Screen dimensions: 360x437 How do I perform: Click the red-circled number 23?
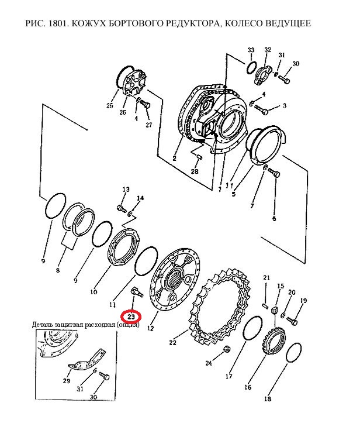coord(131,317)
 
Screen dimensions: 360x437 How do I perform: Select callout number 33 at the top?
coord(251,50)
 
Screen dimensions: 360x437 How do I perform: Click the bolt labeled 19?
coord(292,321)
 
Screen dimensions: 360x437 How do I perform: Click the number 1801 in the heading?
coord(57,23)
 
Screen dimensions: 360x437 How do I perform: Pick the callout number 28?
coord(195,171)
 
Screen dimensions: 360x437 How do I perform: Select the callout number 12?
coord(150,328)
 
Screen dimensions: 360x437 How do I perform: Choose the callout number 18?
coord(267,399)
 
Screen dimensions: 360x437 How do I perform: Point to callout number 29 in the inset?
coord(66,380)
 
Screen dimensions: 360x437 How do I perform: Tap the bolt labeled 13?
coord(121,208)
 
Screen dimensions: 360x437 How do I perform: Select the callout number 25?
coord(110,105)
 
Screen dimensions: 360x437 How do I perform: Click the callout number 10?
coord(94,292)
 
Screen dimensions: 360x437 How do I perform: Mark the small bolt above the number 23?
coord(136,293)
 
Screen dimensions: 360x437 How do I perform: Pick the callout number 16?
coord(248,387)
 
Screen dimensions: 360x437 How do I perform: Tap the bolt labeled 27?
coord(145,105)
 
